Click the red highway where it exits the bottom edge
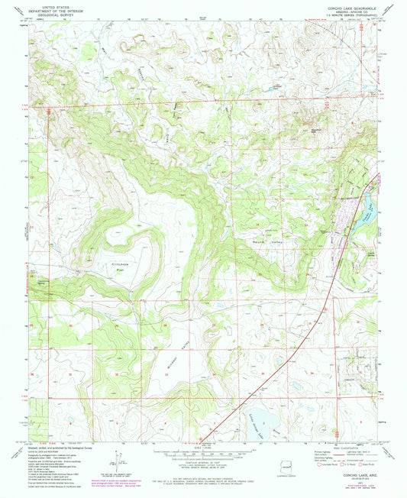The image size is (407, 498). [x=202, y=441]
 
